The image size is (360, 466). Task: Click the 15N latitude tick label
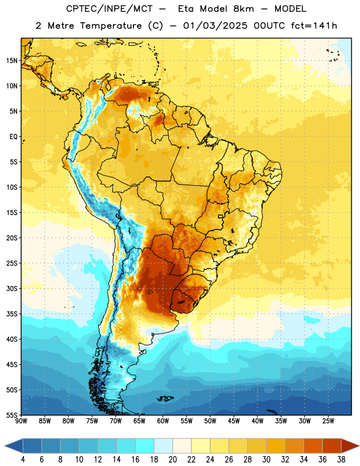(x=12, y=61)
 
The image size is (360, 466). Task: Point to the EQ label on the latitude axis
(x=13, y=137)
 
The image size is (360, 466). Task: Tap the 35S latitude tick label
(x=12, y=314)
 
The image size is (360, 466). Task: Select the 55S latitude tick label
(x=12, y=415)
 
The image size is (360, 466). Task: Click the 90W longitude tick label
(x=21, y=421)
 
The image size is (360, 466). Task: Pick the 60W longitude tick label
(x=163, y=421)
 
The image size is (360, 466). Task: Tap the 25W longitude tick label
(x=328, y=421)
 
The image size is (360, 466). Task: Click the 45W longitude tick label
(x=234, y=421)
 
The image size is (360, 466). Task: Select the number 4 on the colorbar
(x=23, y=460)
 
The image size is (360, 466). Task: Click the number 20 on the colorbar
(x=172, y=460)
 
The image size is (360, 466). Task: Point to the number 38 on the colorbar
(x=341, y=460)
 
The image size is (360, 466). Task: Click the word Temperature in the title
(x=111, y=26)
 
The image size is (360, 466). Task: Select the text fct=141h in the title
(x=314, y=26)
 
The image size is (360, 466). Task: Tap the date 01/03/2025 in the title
(x=215, y=26)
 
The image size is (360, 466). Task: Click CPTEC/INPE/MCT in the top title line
(x=109, y=9)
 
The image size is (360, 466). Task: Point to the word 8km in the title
(x=243, y=9)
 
